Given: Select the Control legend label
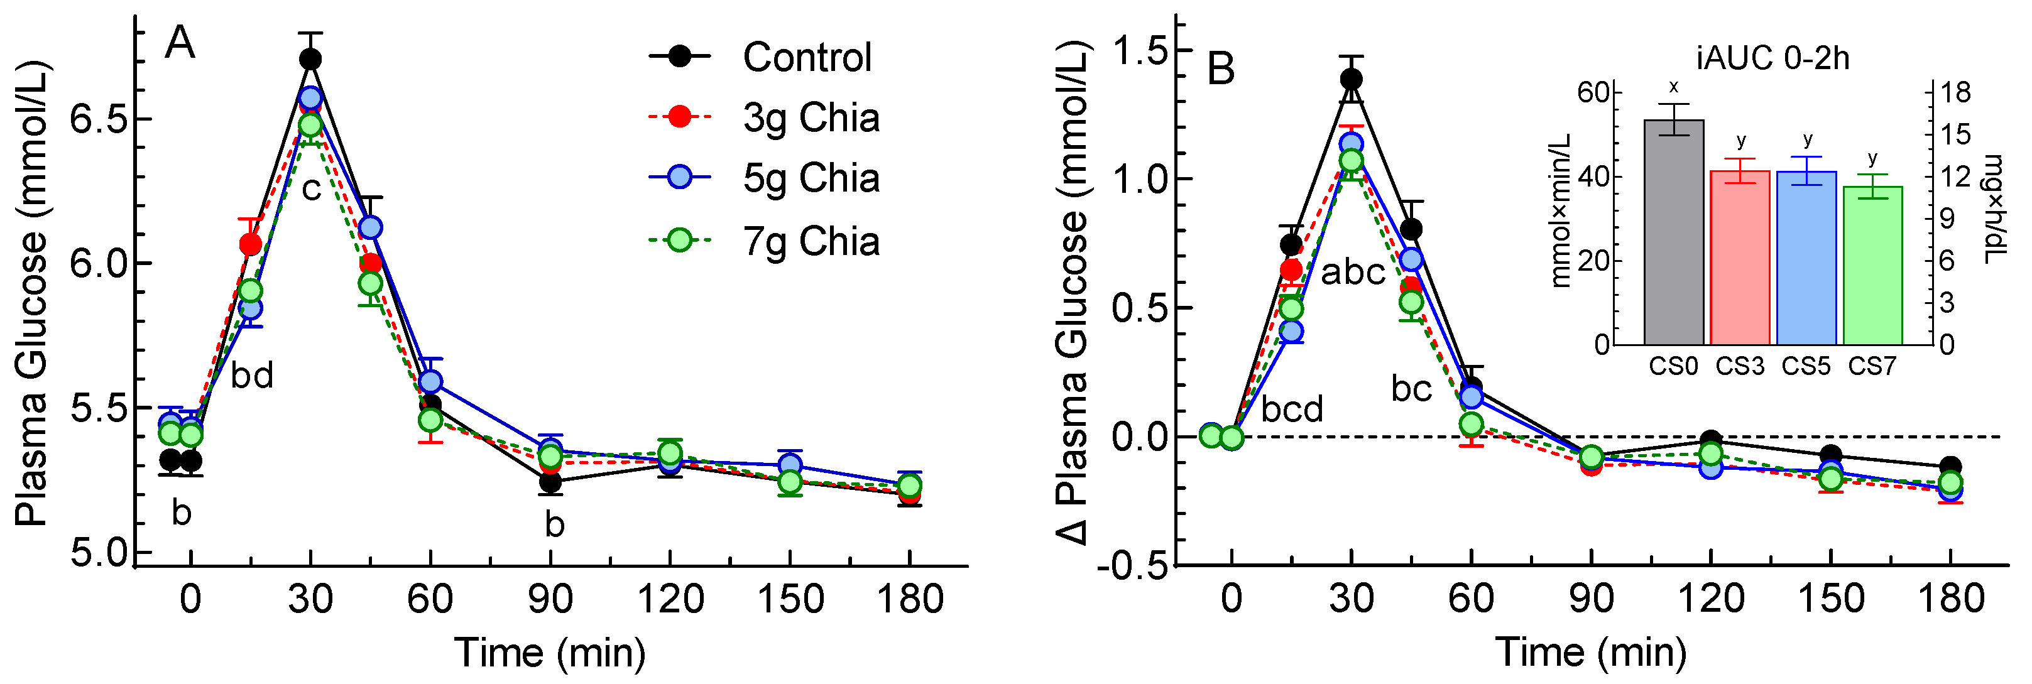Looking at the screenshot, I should pos(806,58).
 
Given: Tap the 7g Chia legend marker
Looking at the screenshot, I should pos(679,240).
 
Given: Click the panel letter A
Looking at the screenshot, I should pos(180,43).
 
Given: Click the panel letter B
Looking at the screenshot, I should pos(1220,70).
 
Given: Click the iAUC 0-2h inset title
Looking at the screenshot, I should pos(1772,59).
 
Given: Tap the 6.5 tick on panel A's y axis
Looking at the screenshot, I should pos(99,120).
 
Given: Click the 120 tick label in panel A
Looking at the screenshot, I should pos(670,600).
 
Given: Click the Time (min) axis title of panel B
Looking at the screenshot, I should pos(1590,653).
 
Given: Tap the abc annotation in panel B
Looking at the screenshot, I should pos(1353,272).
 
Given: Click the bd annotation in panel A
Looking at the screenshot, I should pos(251,376).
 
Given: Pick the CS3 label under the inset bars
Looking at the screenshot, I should pos(1739,366).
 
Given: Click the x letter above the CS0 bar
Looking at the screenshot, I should pos(1673,87).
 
